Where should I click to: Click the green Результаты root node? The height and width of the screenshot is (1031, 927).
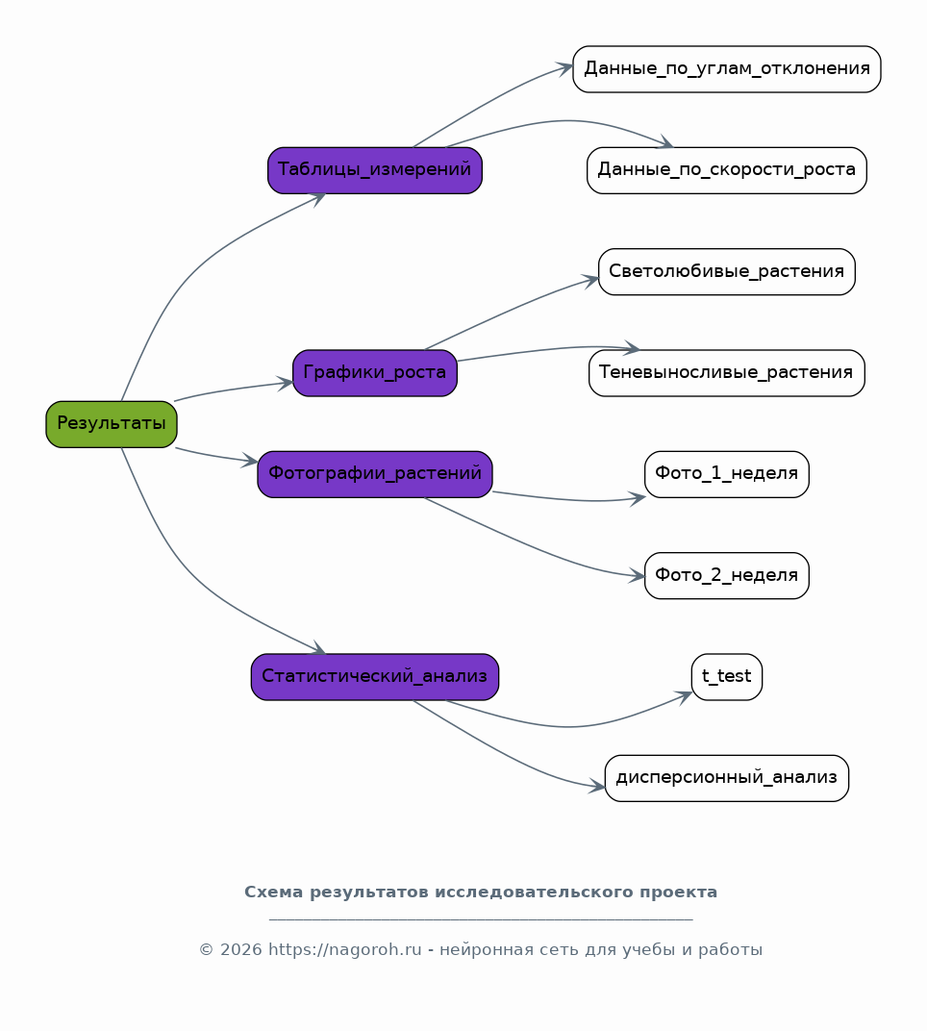click(x=112, y=424)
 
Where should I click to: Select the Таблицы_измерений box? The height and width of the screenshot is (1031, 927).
click(x=375, y=170)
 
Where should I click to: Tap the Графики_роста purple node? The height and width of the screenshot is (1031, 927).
click(x=375, y=373)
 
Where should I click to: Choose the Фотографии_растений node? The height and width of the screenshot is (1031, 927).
click(x=375, y=474)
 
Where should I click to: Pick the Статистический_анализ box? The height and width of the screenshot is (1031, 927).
click(x=375, y=677)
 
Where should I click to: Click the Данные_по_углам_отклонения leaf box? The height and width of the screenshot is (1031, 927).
click(x=726, y=69)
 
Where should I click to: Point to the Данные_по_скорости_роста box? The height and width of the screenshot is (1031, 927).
click(x=726, y=170)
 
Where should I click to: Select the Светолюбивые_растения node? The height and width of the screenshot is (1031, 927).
click(x=726, y=271)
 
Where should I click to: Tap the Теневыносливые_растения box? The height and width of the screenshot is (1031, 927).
click(x=726, y=373)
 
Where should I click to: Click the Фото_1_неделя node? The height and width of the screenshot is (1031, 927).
click(x=726, y=474)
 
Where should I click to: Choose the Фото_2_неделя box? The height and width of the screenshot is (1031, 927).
click(x=726, y=575)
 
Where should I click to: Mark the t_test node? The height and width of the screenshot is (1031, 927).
click(x=726, y=677)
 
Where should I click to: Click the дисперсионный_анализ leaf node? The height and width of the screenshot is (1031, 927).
click(x=726, y=778)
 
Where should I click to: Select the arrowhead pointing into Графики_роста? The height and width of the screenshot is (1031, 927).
click(x=285, y=384)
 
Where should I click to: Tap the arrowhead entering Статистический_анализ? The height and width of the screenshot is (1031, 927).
click(x=319, y=648)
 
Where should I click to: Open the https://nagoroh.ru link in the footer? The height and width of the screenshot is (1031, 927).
click(x=344, y=950)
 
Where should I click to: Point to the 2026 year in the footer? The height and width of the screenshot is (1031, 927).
click(x=240, y=950)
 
